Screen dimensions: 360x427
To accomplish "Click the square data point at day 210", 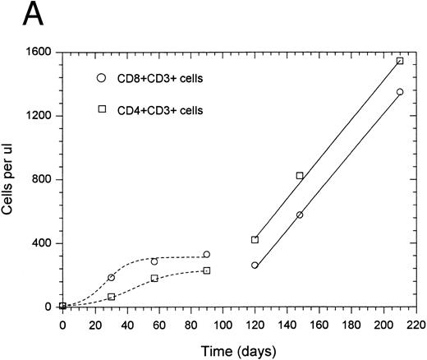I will pos(400,61).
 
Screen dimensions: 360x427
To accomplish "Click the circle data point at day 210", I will pos(400,92).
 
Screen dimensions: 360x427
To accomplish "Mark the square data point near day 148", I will pos(300,175).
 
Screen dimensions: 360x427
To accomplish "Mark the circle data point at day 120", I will pos(255,265).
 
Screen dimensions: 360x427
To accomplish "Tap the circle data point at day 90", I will pos(206,255).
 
